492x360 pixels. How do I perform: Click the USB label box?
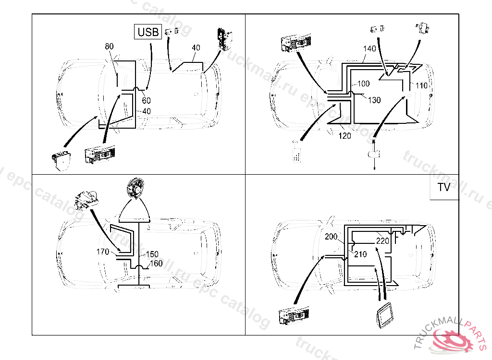[148, 32]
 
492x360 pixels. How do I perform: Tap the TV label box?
[444, 187]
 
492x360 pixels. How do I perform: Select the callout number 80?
[109, 47]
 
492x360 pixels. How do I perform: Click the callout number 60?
[146, 100]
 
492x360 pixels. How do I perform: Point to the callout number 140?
[369, 48]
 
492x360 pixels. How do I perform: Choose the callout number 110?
[421, 85]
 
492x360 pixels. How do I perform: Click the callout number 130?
[374, 100]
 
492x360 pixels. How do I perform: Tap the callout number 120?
[344, 136]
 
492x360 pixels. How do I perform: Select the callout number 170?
[103, 252]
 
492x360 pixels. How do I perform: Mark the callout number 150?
[152, 254]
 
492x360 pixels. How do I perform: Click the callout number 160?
[156, 264]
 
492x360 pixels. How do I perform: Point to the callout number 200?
[332, 237]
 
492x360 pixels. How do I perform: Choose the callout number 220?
[382, 241]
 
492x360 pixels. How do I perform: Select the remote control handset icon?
[297, 153]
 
